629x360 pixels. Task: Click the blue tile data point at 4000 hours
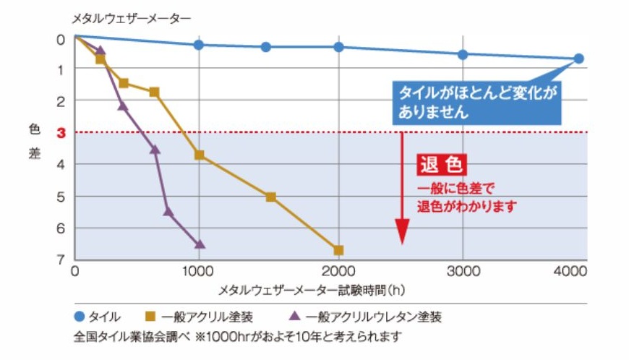pos(578,59)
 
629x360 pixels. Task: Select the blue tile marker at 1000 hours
pos(199,45)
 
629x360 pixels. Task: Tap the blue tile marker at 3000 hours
pos(463,54)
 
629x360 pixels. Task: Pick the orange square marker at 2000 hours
pos(338,250)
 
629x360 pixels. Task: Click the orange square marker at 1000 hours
pos(199,155)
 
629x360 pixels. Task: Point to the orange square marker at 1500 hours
pos(270,197)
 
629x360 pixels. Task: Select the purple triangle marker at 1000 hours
pos(200,244)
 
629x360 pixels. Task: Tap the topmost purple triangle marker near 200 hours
pos(100,51)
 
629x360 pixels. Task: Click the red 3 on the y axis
pos(64,132)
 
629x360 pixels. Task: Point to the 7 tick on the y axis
pos(64,260)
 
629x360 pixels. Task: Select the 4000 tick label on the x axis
pos(572,272)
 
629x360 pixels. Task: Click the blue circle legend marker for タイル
pos(80,317)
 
